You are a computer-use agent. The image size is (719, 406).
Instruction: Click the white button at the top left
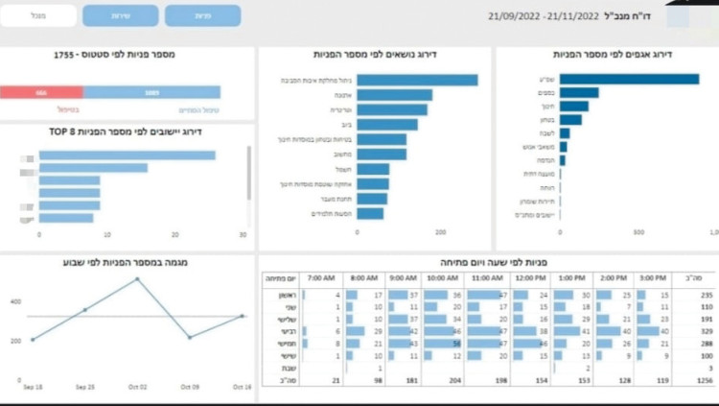(x=38, y=15)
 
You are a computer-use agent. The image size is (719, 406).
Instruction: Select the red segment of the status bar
(x=41, y=93)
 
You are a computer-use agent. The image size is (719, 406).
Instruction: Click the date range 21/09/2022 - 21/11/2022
(x=549, y=16)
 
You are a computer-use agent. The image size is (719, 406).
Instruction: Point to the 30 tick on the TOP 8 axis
(x=243, y=234)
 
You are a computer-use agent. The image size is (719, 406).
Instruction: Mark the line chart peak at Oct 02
(x=137, y=279)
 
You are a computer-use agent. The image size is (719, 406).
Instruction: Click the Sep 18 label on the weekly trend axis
(x=32, y=387)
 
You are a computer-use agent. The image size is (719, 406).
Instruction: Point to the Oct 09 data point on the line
(x=190, y=337)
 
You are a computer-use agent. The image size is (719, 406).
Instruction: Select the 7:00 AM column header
(x=322, y=278)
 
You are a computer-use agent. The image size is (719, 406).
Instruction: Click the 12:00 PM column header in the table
(x=530, y=278)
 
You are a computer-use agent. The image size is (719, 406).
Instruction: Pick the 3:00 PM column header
(x=654, y=278)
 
